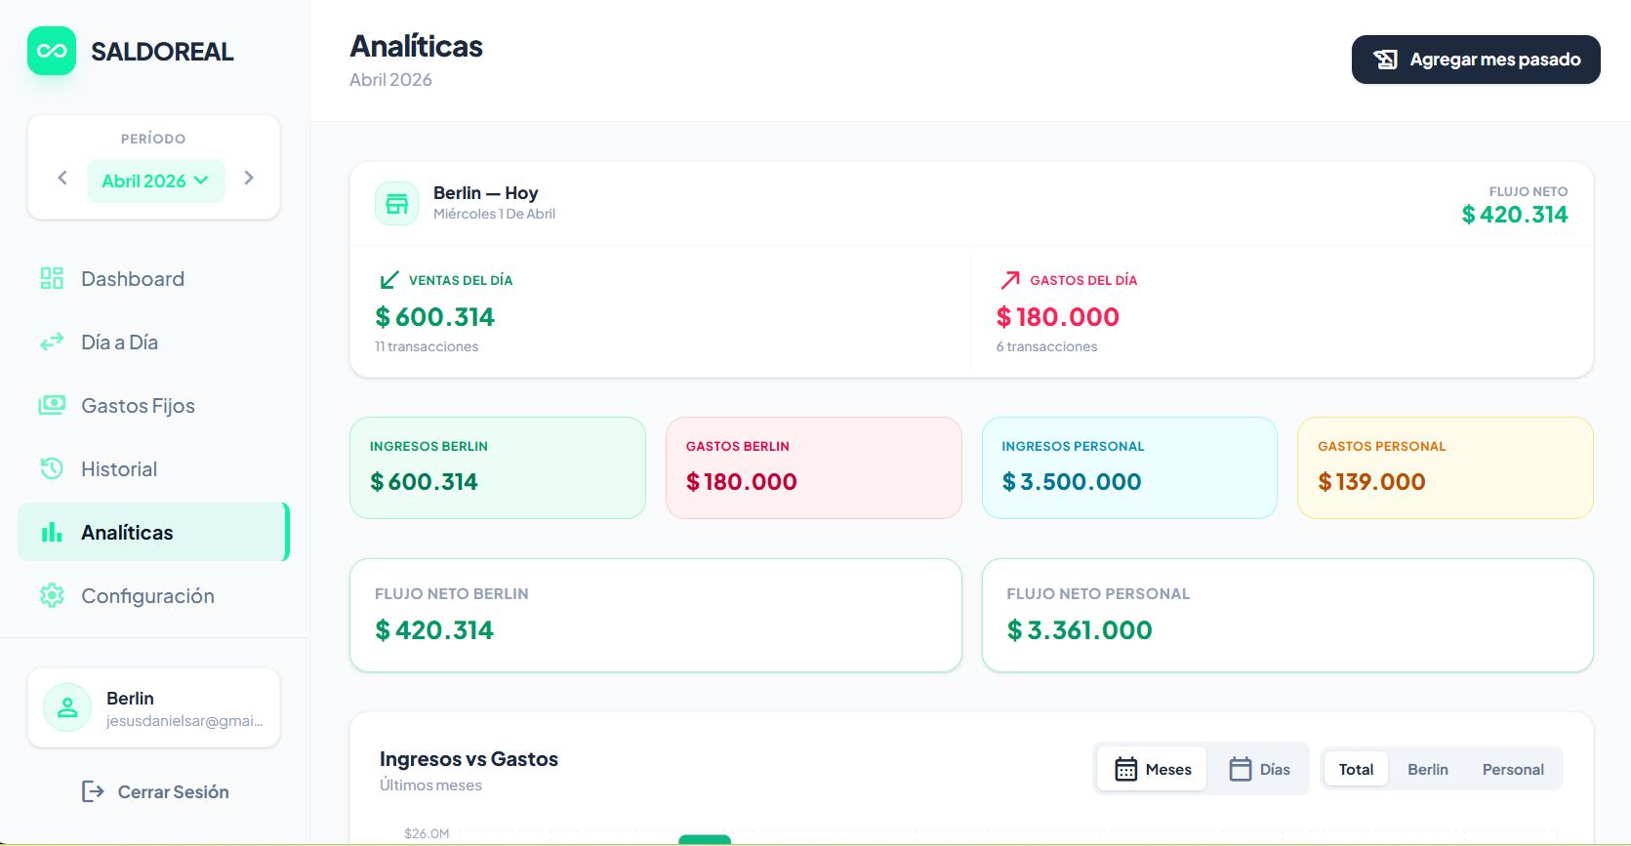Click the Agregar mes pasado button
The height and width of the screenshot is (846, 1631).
click(x=1475, y=60)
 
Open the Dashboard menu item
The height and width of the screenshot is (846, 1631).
click(x=132, y=279)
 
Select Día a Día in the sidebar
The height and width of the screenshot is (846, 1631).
click(x=119, y=342)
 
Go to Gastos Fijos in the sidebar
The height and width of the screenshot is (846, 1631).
click(x=138, y=406)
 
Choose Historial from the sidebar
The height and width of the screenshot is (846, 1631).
click(x=118, y=469)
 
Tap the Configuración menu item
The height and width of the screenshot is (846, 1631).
click(x=147, y=596)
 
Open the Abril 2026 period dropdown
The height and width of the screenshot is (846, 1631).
click(x=155, y=181)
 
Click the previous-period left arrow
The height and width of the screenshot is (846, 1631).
click(x=62, y=178)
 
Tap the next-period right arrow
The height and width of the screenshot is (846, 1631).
click(x=249, y=178)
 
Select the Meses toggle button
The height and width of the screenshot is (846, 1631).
click(x=1153, y=769)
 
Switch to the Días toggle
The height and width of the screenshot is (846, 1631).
click(x=1259, y=769)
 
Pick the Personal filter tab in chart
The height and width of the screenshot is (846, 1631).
click(x=1512, y=769)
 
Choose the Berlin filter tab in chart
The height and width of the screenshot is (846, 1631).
click(x=1427, y=769)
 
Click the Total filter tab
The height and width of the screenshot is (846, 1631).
click(x=1356, y=769)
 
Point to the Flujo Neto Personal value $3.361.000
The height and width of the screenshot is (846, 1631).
click(x=1080, y=630)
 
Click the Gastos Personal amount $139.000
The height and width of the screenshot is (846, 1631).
click(x=1371, y=482)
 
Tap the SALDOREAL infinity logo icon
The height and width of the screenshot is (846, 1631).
click(x=52, y=51)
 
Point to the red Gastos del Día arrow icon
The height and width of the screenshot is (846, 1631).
click(x=1010, y=280)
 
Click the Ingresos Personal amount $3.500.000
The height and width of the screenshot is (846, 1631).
click(x=1071, y=482)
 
